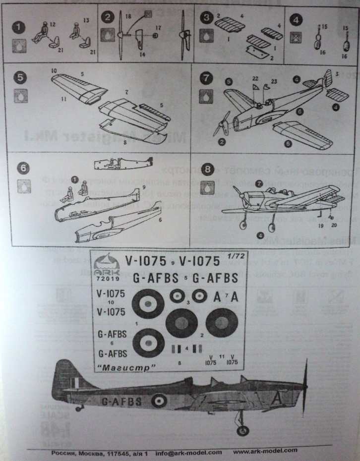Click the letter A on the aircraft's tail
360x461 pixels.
tap(278, 398)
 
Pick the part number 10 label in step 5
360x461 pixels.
tap(53, 71)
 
